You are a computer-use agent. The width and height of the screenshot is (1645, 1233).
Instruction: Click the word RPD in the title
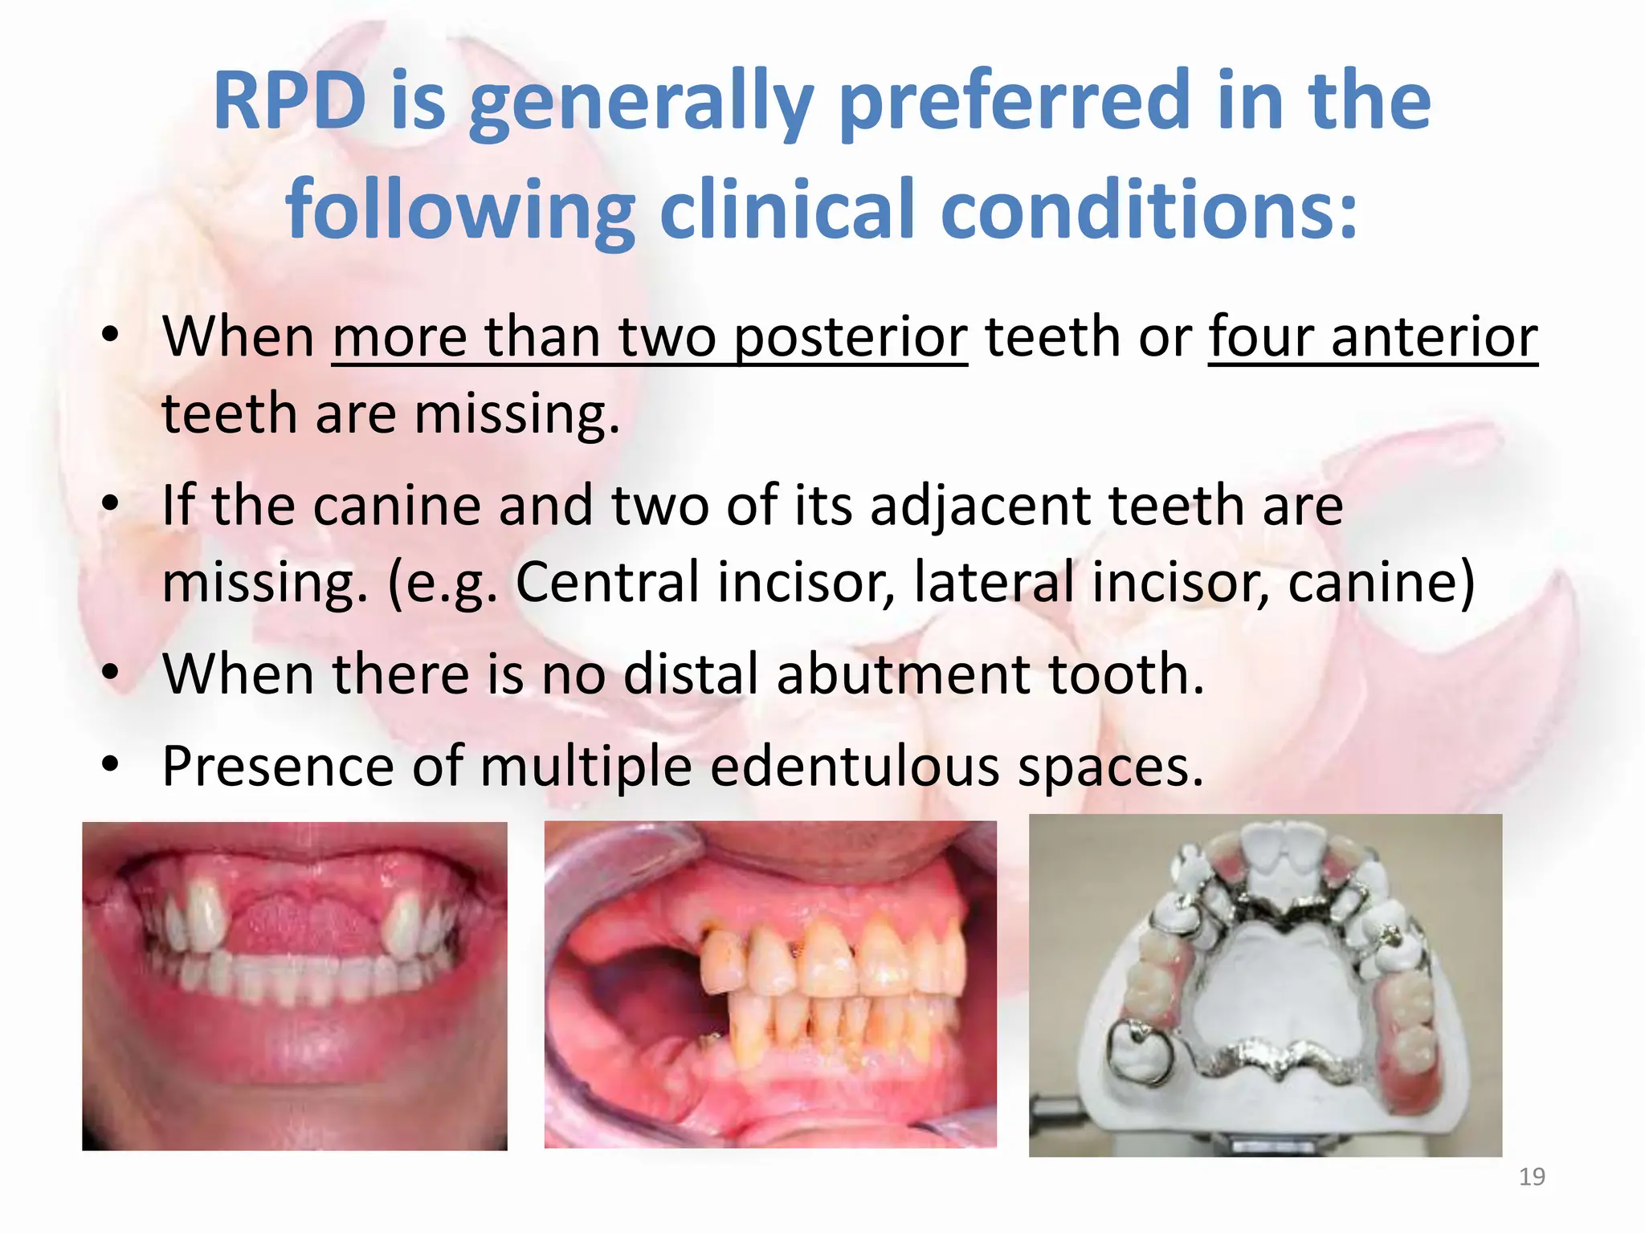click(x=290, y=102)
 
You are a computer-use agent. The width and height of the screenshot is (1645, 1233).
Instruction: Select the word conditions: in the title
click(x=1149, y=210)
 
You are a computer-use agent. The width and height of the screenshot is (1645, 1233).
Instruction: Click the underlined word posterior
click(x=851, y=337)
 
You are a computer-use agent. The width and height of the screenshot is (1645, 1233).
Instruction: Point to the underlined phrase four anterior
click(x=1373, y=337)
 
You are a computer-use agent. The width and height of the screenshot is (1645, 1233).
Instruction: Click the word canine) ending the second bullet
click(x=1382, y=582)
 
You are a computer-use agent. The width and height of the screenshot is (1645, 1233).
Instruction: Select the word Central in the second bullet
click(x=607, y=582)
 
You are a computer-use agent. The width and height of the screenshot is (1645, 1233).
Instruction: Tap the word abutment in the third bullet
click(x=904, y=674)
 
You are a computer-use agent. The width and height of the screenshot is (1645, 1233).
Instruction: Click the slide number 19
click(x=1532, y=1177)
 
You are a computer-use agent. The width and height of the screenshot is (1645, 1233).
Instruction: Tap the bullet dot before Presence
click(x=111, y=764)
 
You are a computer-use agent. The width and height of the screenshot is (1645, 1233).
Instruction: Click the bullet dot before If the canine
click(x=111, y=504)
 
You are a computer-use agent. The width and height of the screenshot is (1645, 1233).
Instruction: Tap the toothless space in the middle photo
click(x=635, y=1003)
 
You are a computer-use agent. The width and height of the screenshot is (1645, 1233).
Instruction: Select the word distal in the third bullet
click(x=691, y=674)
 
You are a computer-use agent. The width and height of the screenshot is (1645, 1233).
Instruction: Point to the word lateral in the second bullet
click(x=993, y=582)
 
